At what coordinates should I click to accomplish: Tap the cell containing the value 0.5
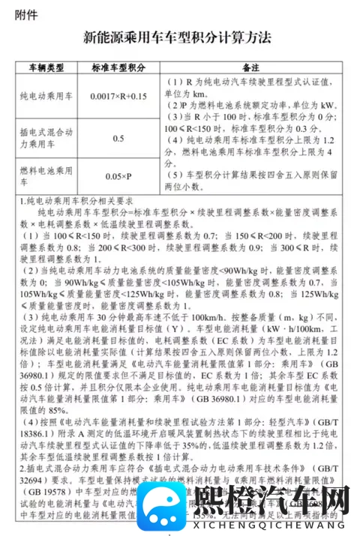click(118, 139)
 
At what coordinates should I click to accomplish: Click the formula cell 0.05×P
click(118, 176)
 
